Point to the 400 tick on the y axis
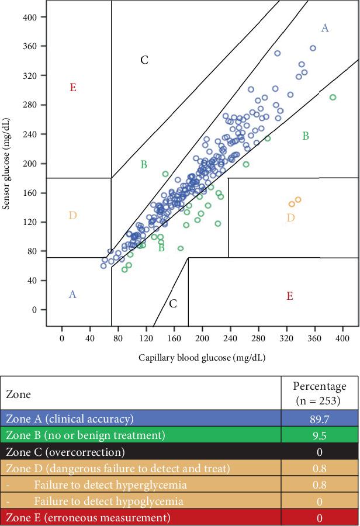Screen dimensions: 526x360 point(30,17)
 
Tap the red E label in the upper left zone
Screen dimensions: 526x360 point(72,88)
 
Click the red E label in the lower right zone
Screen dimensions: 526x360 point(289,296)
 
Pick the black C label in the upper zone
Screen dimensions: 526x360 point(144,60)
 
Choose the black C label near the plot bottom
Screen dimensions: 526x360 point(173,304)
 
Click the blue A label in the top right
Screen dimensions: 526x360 point(325,27)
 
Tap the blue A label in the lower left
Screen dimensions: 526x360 point(72,295)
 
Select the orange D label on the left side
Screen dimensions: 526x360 point(72,216)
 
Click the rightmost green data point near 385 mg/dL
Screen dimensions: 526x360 point(333,98)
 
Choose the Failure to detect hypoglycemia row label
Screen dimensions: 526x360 point(108,501)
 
